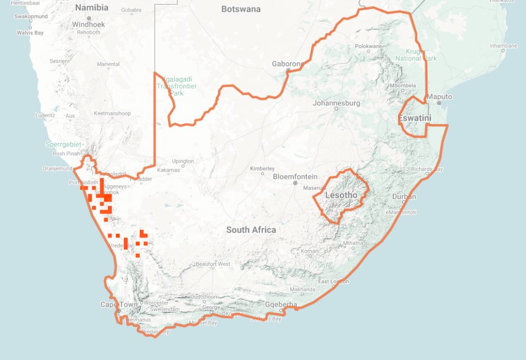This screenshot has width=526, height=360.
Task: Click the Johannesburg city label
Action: [x=336, y=103]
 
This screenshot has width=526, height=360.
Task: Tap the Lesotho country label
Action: [x=341, y=195]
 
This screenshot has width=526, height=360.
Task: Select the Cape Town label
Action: [x=119, y=305]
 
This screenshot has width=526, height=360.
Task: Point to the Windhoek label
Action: [x=88, y=24]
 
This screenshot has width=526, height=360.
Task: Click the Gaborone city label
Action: [x=288, y=64]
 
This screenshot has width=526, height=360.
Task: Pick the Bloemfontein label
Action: [x=295, y=177]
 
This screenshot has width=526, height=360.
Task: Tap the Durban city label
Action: [x=404, y=197]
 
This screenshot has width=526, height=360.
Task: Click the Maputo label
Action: [x=440, y=97]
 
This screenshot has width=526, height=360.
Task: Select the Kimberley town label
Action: [x=262, y=168]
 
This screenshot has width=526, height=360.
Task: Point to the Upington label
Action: [x=183, y=161]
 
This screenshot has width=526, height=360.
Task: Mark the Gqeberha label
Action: [x=281, y=305]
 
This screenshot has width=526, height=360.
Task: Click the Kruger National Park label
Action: [x=416, y=55]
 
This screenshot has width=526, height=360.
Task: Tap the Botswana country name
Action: [x=241, y=9]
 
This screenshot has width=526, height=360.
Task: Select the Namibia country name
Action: [x=92, y=8]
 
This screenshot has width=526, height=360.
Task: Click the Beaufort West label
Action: [x=213, y=264]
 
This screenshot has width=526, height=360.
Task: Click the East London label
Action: [x=333, y=281]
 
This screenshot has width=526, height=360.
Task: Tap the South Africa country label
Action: [x=251, y=230]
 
